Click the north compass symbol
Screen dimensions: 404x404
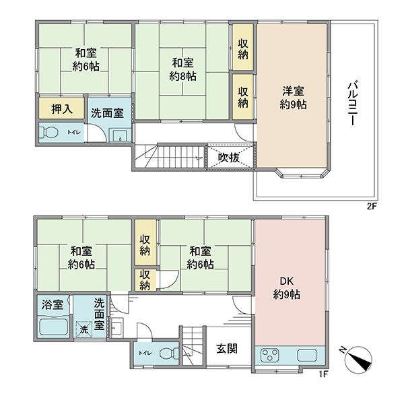pos(358,360)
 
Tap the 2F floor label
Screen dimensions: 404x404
pos(372,207)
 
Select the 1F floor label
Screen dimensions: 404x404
pos(323,374)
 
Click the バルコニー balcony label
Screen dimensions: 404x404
pos(352,104)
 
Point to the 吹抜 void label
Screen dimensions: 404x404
pos(229,158)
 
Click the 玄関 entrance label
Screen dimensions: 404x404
pos(227,349)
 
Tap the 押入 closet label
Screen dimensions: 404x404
pos(62,109)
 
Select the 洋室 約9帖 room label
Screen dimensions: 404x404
pos(293,98)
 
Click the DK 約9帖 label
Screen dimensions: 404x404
pos(287,288)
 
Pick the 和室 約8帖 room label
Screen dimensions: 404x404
pos(182,69)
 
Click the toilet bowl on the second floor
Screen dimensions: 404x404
pos(49,133)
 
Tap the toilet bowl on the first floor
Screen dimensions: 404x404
pos(169,353)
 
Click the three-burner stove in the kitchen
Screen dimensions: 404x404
pos(270,355)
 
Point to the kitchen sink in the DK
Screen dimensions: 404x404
pos(307,356)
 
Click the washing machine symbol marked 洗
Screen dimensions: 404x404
pos(83,329)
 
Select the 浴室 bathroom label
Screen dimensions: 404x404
pos(53,305)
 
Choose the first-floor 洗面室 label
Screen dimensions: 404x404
pos(99,314)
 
